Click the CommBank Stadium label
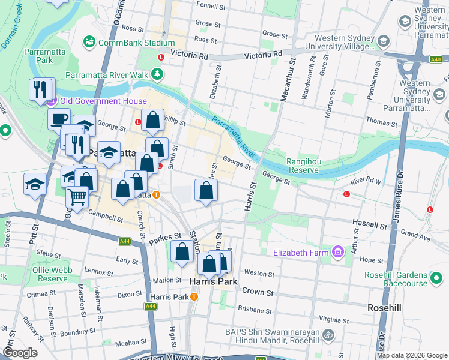click(x=136, y=43)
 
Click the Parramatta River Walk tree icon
click(x=157, y=74)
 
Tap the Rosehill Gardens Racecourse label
click(x=396, y=280)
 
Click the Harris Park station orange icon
click(x=193, y=297)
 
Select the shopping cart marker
click(x=77, y=196)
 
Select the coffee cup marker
click(x=59, y=119)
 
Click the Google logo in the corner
click(x=20, y=353)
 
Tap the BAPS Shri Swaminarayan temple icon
click(x=328, y=334)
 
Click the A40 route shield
click(x=436, y=59)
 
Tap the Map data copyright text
click(x=411, y=355)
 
